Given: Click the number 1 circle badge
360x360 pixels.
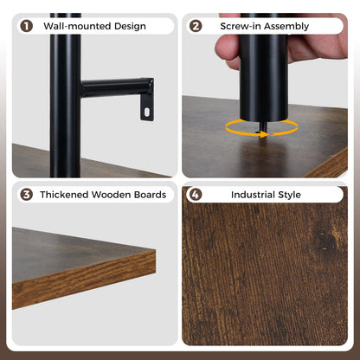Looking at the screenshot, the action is click(x=26, y=26).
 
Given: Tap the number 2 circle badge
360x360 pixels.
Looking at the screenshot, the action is click(x=196, y=26).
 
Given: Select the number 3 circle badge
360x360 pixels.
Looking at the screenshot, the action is click(x=26, y=195).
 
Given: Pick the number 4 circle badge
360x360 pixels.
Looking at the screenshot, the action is click(x=196, y=195).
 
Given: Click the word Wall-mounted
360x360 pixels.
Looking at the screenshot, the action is click(x=77, y=26).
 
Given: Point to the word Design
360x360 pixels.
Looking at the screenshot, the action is click(x=130, y=27).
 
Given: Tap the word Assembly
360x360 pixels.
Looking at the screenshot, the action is click(x=286, y=27).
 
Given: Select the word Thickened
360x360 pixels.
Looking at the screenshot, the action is click(x=64, y=195).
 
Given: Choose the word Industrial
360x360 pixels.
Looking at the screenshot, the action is click(x=253, y=195).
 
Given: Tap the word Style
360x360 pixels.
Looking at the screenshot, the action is click(x=289, y=195).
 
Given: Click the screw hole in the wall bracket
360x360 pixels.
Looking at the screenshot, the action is click(x=147, y=112).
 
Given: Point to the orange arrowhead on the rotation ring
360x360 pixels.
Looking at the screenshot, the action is click(x=265, y=134).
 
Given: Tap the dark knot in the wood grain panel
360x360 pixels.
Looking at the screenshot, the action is click(x=326, y=240).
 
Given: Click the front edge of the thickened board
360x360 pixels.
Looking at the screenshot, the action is click(x=84, y=280).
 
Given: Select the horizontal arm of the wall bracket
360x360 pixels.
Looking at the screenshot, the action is click(x=117, y=87).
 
